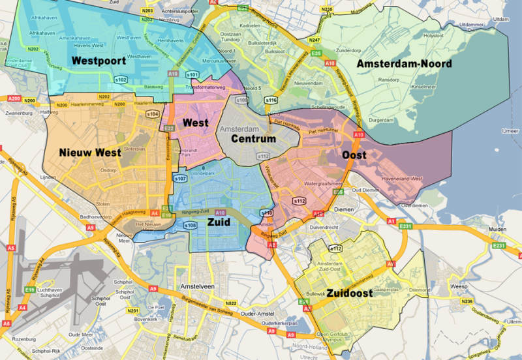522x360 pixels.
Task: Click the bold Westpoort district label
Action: [99, 61]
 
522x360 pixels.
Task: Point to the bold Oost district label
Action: [354, 155]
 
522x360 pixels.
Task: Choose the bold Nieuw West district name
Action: [89, 152]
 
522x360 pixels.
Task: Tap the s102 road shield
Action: [121, 80]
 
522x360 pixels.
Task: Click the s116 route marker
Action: [271, 100]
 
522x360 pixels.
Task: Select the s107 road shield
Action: [180, 178]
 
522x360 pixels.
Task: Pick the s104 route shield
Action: [152, 114]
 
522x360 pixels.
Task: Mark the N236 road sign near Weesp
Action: [466, 301]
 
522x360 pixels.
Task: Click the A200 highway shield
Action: [12, 98]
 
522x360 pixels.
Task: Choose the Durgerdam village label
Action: [380, 121]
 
